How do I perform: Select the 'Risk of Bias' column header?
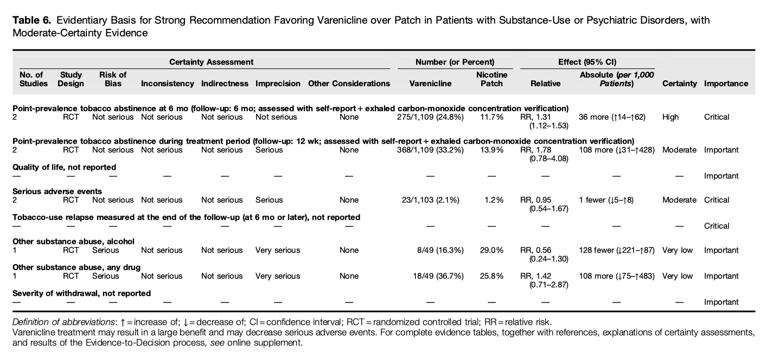point(112,79)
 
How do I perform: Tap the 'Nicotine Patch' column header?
point(491,79)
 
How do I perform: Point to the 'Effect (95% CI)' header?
point(587,62)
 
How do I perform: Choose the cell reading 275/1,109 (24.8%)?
point(430,117)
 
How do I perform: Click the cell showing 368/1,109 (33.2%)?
point(430,150)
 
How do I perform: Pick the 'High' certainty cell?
point(671,117)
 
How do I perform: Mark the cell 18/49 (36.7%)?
point(438,276)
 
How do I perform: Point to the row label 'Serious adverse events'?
point(58,191)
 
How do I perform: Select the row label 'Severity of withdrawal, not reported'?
point(81,293)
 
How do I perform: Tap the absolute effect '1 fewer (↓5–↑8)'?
point(606,200)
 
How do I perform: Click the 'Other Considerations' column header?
point(349,83)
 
